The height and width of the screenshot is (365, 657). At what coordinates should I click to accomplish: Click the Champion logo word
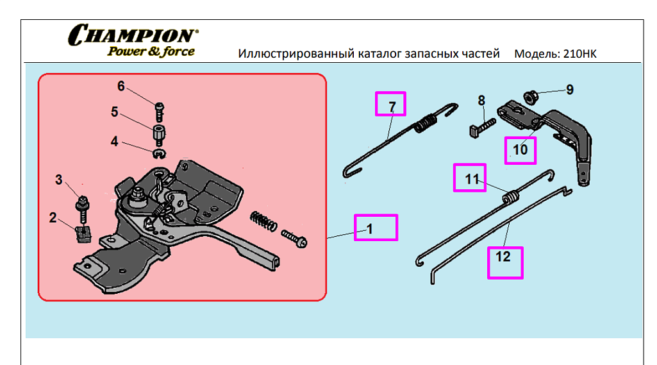133,35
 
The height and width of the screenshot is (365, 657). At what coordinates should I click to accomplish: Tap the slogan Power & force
151,52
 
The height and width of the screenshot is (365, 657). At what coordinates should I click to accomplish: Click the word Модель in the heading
536,54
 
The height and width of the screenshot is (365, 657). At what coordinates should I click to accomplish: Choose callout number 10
520,149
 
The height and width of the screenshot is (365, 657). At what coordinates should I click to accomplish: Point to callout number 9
569,90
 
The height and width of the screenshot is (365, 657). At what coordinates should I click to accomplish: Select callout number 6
121,87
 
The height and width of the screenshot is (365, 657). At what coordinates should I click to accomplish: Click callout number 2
53,217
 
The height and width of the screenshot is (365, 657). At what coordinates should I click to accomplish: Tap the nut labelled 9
530,97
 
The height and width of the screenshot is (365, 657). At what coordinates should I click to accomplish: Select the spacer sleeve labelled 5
158,135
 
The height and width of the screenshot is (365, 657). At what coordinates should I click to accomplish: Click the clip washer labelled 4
159,153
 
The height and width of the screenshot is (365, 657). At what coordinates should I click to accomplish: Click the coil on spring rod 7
424,123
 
